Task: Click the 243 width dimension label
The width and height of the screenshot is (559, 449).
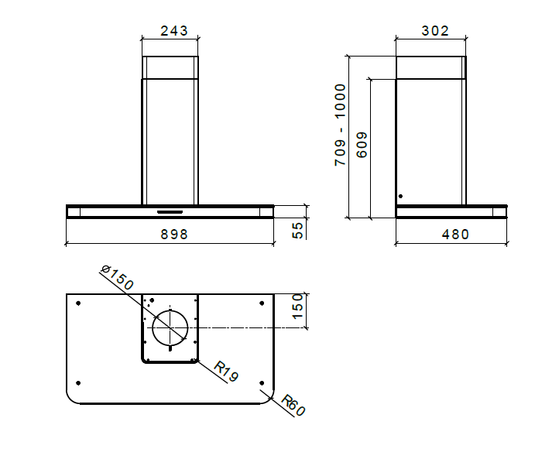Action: pos(170,31)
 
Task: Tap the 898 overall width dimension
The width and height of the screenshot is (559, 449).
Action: pos(170,234)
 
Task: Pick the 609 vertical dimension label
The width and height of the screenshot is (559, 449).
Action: pos(362,145)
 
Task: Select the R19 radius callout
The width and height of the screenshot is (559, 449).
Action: pos(225,371)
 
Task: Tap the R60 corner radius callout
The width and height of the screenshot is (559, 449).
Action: pos(293,406)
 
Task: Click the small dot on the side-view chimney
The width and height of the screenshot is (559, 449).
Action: pos(400,197)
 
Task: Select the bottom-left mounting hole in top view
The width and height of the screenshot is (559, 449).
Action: pos(79,382)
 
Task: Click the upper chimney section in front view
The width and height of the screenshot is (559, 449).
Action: pos(170,67)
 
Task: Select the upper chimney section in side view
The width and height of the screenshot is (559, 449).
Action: pos(431,67)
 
